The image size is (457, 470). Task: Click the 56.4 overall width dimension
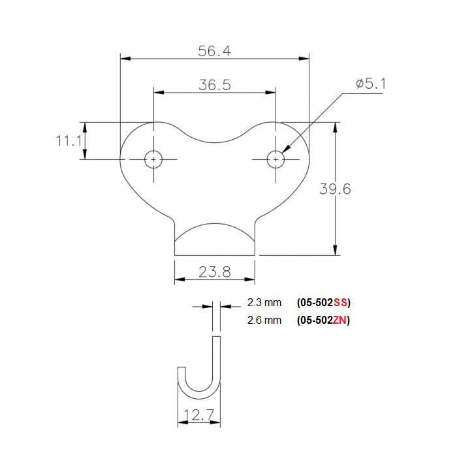(215, 51)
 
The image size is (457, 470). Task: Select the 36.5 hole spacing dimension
(215, 85)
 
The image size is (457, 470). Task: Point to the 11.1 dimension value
(69, 140)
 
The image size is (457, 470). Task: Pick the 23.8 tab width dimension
(215, 272)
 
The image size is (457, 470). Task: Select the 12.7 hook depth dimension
(199, 415)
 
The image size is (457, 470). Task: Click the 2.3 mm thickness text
(264, 303)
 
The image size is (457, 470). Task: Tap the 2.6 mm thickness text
(264, 320)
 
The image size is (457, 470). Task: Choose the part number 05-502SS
(324, 303)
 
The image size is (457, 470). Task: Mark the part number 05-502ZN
(324, 320)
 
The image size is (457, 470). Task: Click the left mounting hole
(154, 159)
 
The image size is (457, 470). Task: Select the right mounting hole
(276, 159)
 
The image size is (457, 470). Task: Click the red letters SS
(340, 303)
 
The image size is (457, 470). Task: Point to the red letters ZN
(340, 320)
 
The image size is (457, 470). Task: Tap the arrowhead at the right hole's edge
(286, 149)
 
